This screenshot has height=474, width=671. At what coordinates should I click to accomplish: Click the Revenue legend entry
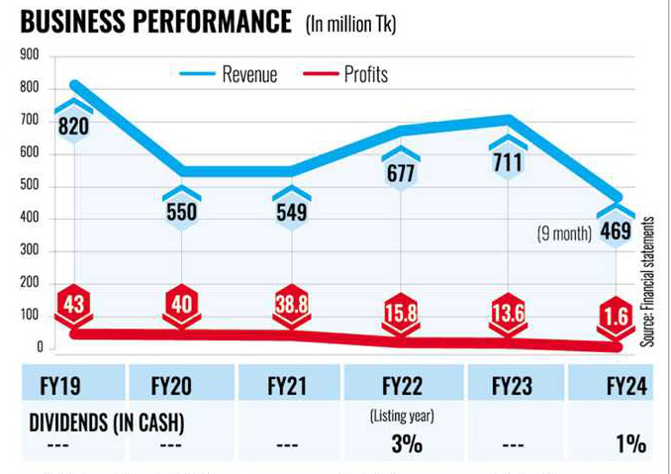click(x=248, y=74)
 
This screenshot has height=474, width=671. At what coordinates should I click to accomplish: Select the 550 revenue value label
click(x=181, y=211)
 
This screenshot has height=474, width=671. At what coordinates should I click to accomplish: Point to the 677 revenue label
click(x=401, y=174)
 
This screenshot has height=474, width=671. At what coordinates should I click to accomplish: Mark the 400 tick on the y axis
click(x=29, y=219)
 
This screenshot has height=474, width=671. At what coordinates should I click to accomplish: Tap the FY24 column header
click(x=623, y=386)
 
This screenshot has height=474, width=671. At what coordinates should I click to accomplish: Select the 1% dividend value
click(x=629, y=444)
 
